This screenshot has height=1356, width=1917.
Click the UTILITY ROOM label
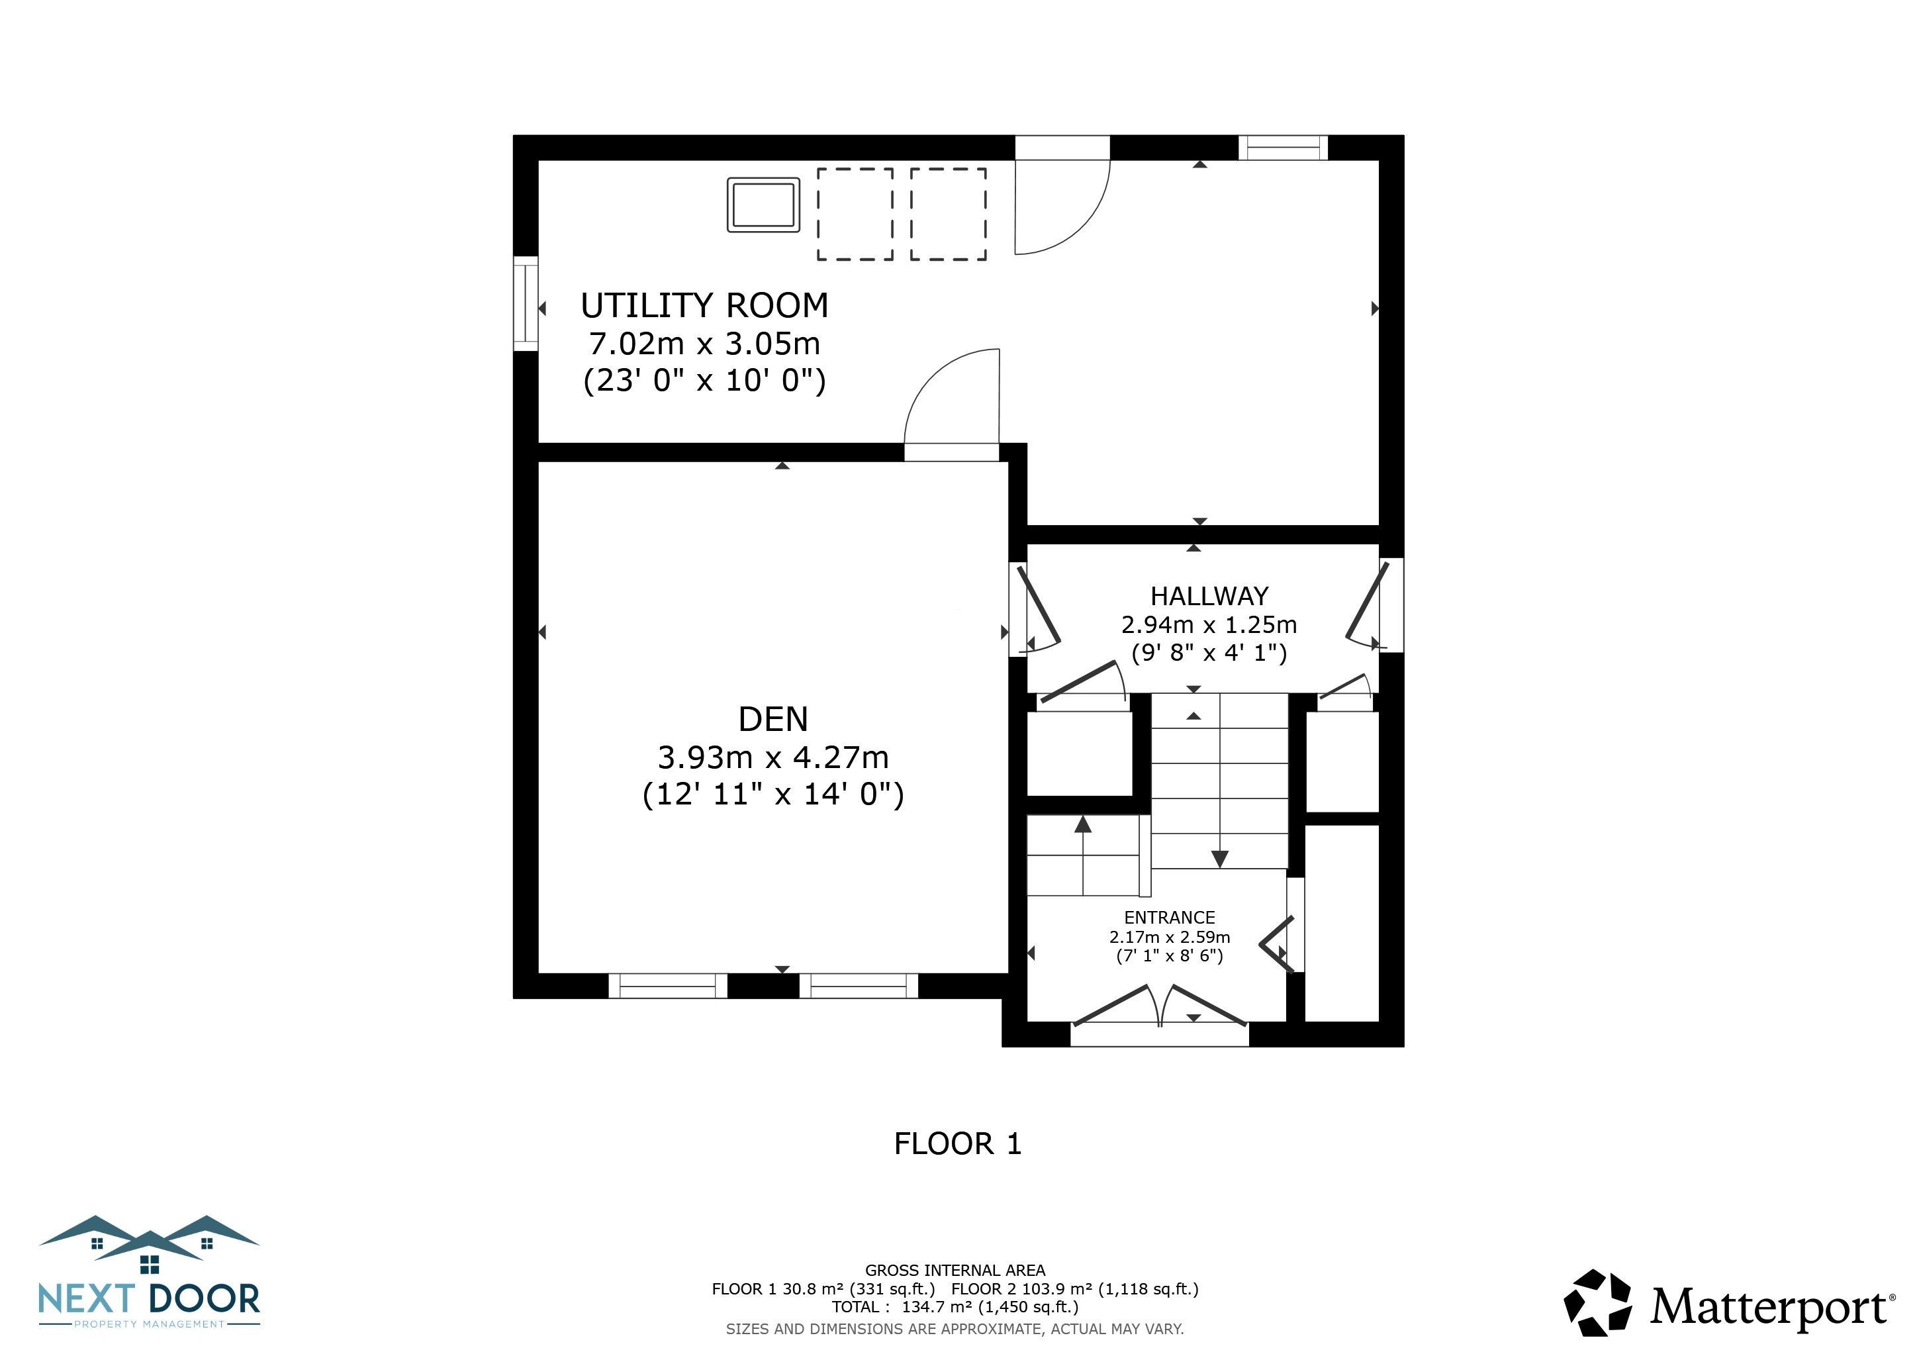tap(705, 306)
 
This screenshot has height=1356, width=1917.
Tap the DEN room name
tap(773, 719)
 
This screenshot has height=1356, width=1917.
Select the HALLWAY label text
tap(1209, 596)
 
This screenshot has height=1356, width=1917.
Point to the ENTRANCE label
tap(1169, 917)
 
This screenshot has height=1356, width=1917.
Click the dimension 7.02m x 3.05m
tap(705, 343)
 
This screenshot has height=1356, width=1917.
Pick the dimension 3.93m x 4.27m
tap(773, 757)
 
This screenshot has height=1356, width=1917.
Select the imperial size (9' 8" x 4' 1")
tap(1209, 652)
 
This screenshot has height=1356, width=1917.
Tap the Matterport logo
tap(1728, 1304)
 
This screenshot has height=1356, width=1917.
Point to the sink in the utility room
tap(763, 205)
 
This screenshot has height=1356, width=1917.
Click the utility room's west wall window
tap(525, 304)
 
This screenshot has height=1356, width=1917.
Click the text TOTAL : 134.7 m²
tap(955, 1307)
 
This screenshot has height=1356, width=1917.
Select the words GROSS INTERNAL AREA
tap(955, 1270)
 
